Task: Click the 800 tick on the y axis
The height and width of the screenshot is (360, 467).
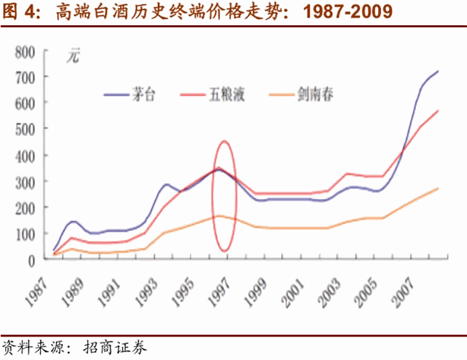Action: pyautogui.click(x=26, y=52)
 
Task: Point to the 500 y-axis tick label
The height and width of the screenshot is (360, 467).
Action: pyautogui.click(x=26, y=129)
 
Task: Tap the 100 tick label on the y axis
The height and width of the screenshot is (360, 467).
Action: pyautogui.click(x=26, y=233)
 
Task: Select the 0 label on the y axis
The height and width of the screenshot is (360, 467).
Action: pyautogui.click(x=31, y=259)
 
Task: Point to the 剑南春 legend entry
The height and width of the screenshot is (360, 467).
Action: pyautogui.click(x=312, y=95)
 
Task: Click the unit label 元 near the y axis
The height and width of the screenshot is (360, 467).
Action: pyautogui.click(x=71, y=55)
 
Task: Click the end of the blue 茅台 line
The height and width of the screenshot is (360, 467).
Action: pyautogui.click(x=438, y=71)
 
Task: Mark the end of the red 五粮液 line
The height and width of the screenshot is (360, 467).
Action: pyautogui.click(x=438, y=111)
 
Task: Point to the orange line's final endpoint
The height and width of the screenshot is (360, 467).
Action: pyautogui.click(x=438, y=188)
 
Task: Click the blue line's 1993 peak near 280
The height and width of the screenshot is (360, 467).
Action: pyautogui.click(x=166, y=185)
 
